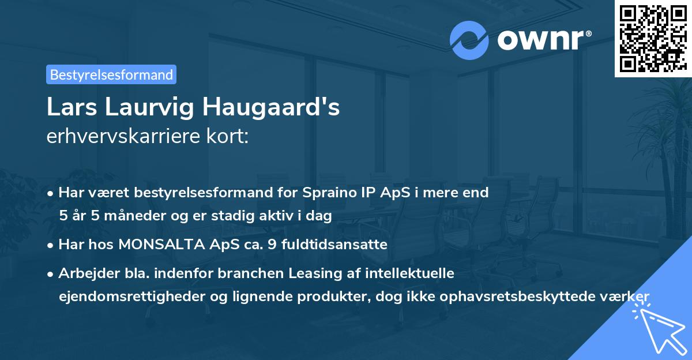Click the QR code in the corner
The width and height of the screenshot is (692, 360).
click(653, 38)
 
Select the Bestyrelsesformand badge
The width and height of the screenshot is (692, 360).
click(111, 74)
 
